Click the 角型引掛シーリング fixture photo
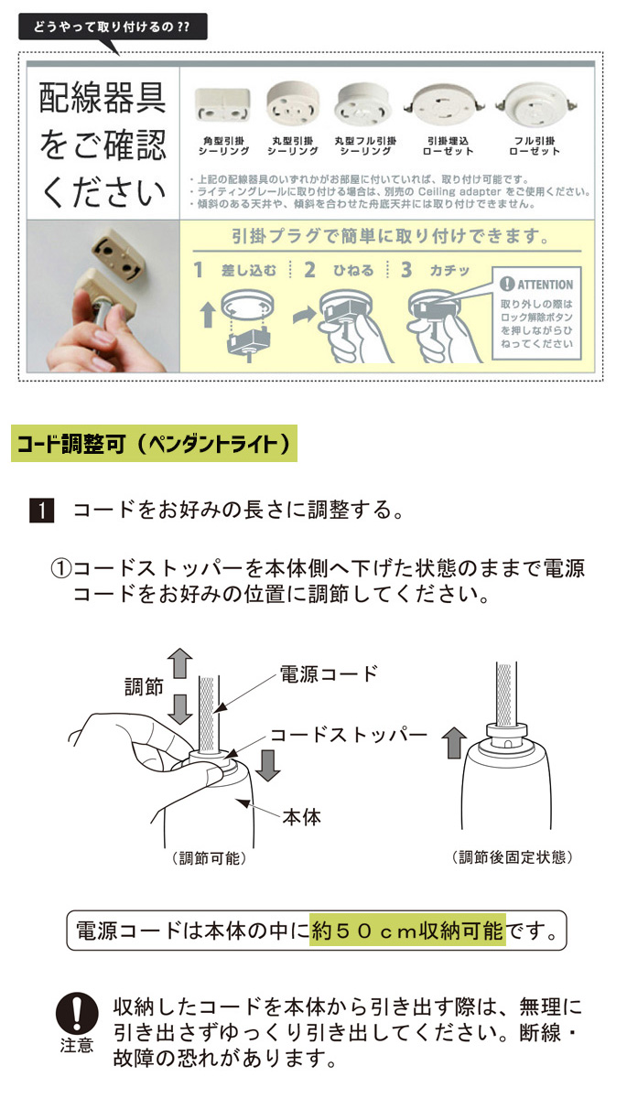point(222,105)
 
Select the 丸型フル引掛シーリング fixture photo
point(363,104)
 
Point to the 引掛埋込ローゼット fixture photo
point(445,105)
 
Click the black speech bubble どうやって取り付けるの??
point(113,27)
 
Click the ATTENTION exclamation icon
point(507,284)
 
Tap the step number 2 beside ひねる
point(309,270)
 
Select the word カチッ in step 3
point(449,271)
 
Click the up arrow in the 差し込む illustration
point(209,314)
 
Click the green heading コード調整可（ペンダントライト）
point(154,444)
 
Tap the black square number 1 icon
point(42,511)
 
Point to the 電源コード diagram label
point(329,674)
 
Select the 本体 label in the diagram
point(301,817)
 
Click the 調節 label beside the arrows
point(144,687)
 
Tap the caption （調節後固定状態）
point(512,857)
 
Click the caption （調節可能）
point(210,858)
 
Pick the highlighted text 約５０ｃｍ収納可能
point(408,930)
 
